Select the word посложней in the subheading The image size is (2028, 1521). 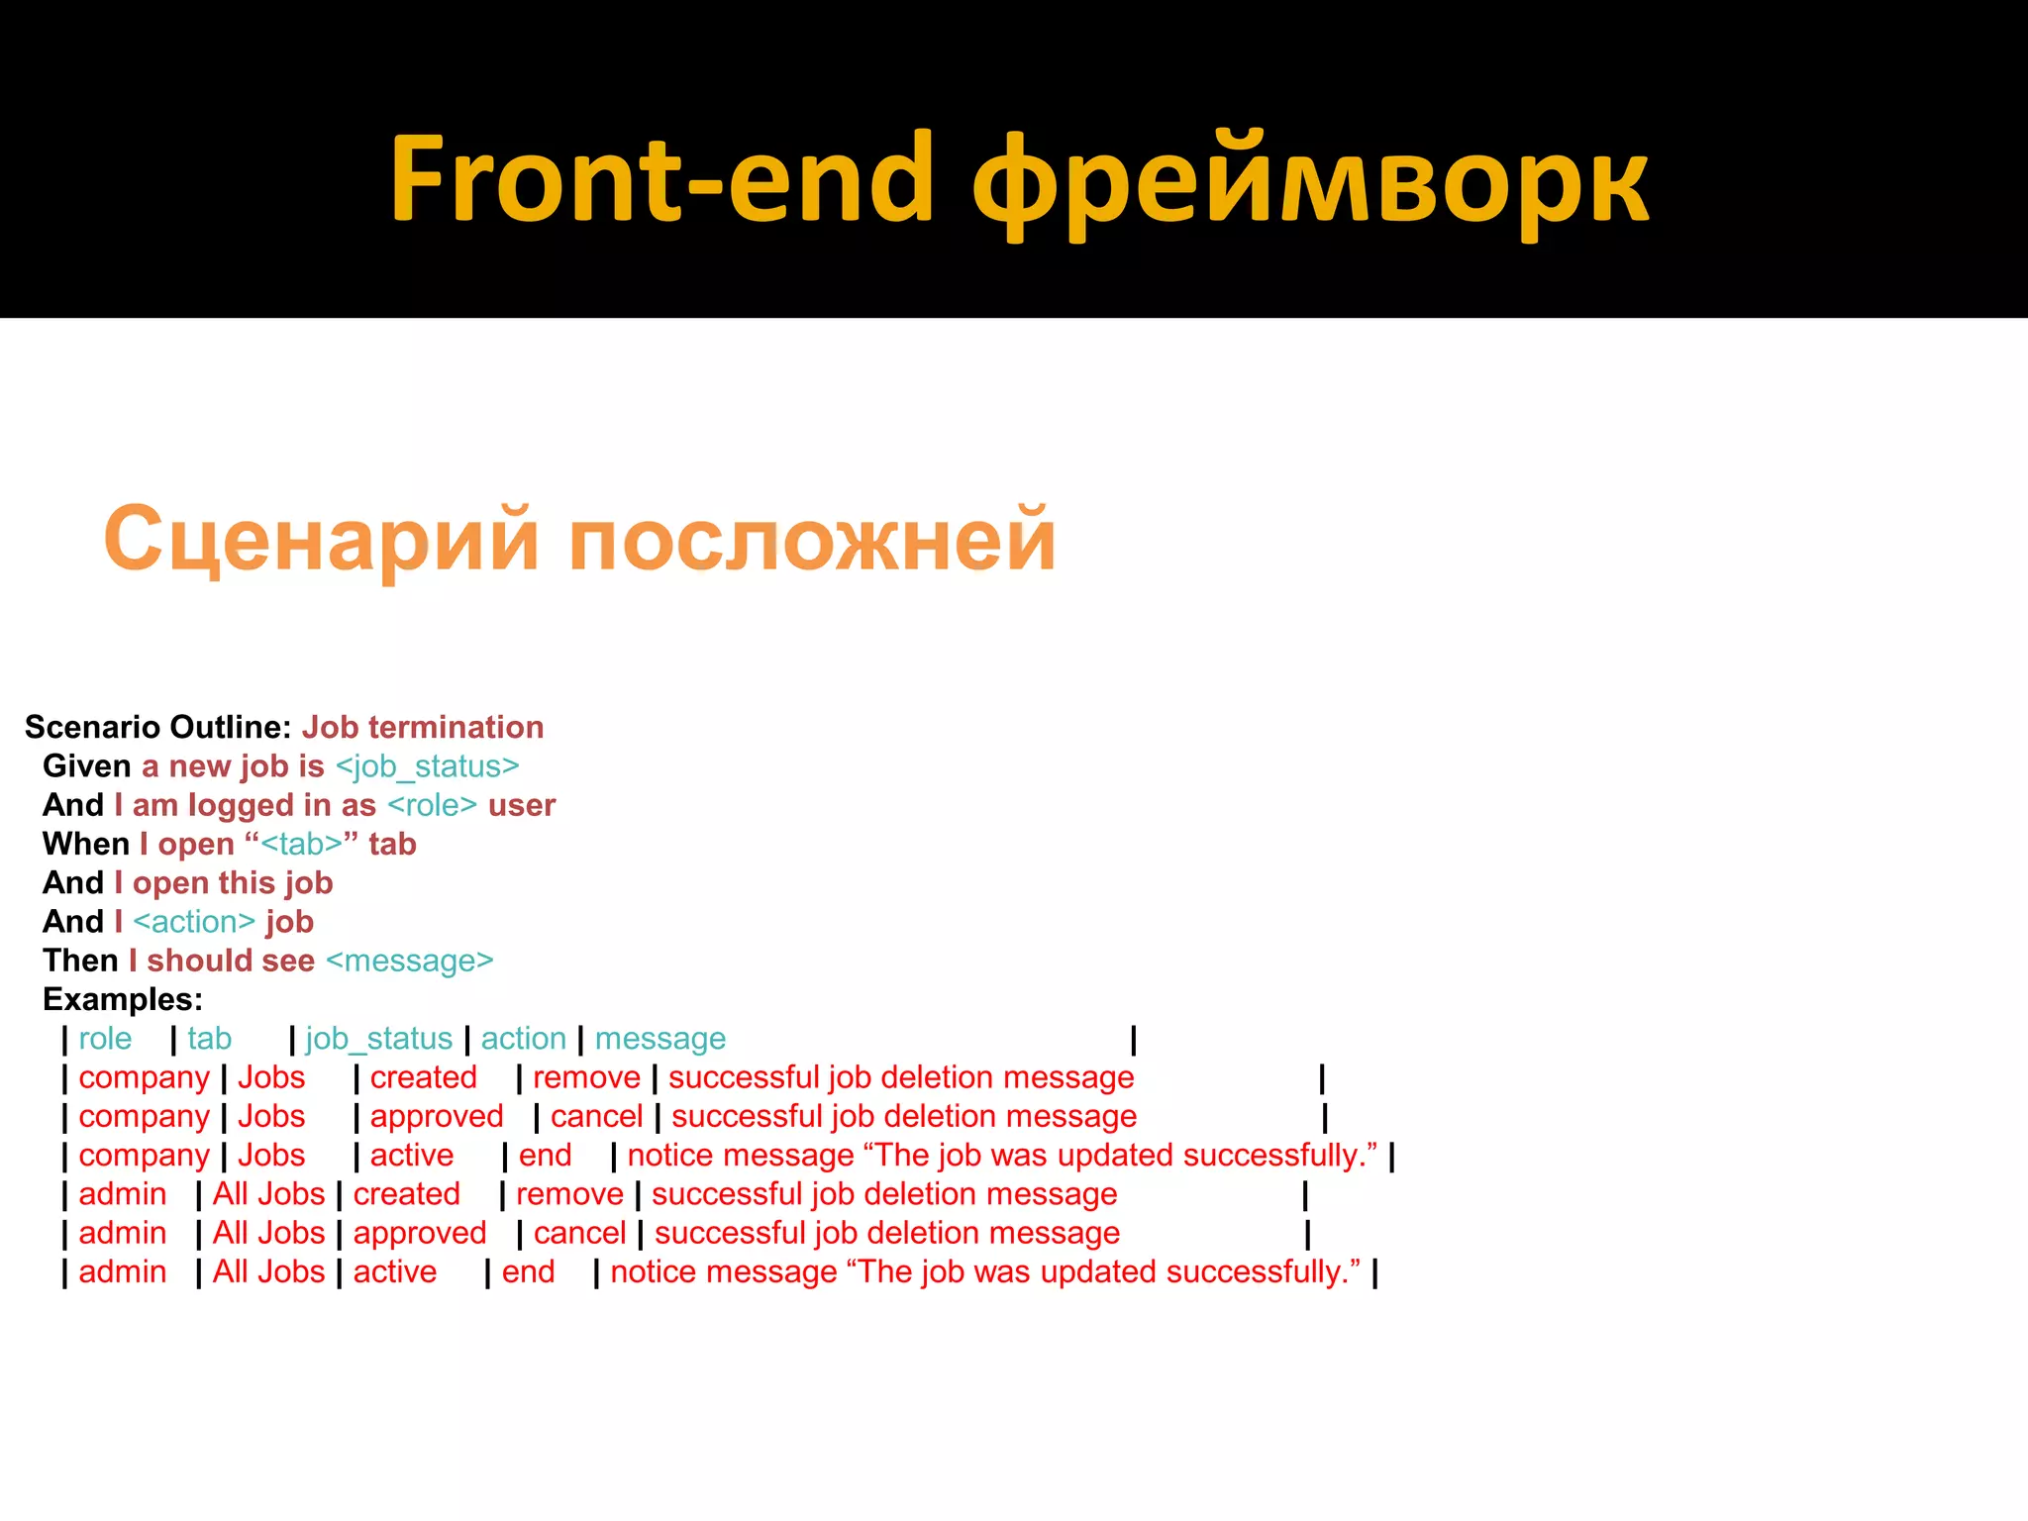click(x=812, y=539)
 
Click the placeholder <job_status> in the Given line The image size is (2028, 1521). click(x=427, y=766)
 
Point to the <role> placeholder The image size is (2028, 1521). click(x=432, y=805)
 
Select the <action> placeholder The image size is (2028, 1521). click(x=194, y=922)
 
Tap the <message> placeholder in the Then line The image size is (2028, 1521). click(x=409, y=961)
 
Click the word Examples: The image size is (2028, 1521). click(x=123, y=999)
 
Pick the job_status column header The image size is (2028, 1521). click(x=378, y=1039)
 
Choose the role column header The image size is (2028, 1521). click(x=105, y=1039)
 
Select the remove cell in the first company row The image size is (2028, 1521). click(x=586, y=1077)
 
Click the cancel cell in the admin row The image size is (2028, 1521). click(x=579, y=1233)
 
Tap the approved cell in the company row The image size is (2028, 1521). click(x=437, y=1116)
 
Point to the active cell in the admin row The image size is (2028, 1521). click(x=394, y=1271)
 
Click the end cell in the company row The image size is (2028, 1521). click(x=545, y=1156)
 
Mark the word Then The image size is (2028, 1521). click(x=80, y=961)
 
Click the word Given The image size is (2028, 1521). click(x=87, y=766)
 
